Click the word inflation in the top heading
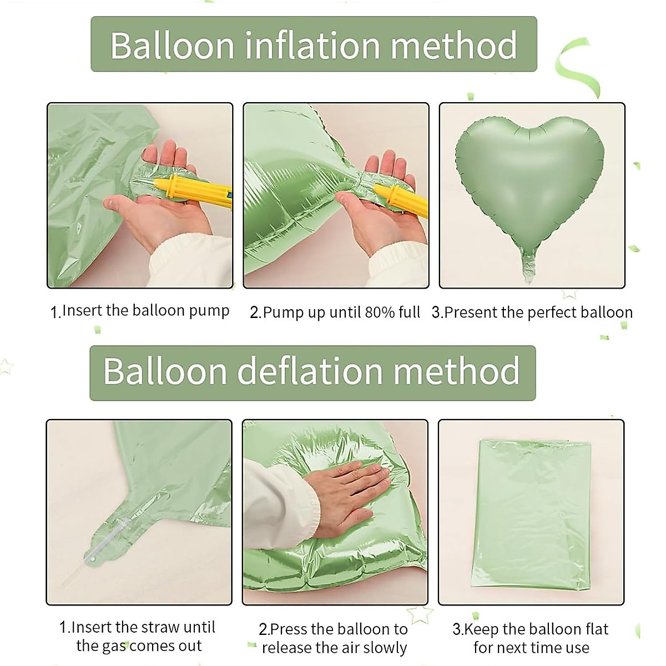(x=313, y=46)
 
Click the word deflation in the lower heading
(x=310, y=371)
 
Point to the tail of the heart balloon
(x=530, y=266)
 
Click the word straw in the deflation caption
(x=161, y=628)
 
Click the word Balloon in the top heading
(x=172, y=46)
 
